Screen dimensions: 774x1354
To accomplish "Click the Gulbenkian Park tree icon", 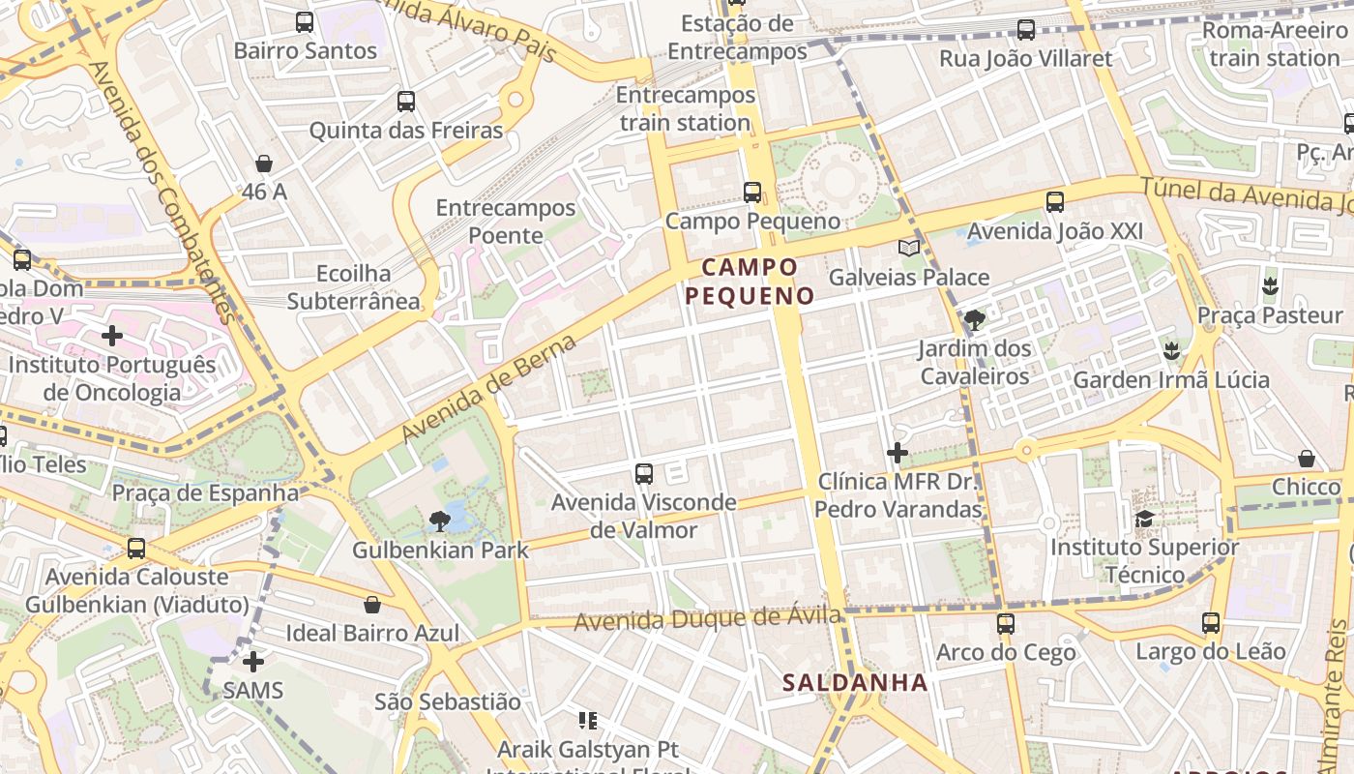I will [x=440, y=521].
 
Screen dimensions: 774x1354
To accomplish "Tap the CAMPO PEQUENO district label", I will [x=751, y=281].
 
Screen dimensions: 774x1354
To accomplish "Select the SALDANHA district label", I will [x=855, y=682].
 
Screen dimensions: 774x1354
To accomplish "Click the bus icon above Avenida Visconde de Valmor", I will [x=644, y=474].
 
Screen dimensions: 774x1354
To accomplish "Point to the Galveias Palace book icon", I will [x=908, y=249].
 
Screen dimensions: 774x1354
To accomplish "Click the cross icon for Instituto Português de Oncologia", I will [x=112, y=336].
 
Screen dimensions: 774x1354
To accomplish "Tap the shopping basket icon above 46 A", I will [x=264, y=164].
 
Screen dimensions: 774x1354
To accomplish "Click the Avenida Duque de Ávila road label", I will [x=707, y=618].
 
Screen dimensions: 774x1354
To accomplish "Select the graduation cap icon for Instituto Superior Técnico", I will [x=1144, y=519].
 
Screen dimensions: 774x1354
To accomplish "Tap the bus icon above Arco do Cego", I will [x=1006, y=623].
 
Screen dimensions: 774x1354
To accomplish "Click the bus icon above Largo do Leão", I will [x=1211, y=623].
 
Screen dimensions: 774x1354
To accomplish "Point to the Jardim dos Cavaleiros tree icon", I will [x=975, y=319].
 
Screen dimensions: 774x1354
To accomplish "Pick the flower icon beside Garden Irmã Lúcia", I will [x=1172, y=350].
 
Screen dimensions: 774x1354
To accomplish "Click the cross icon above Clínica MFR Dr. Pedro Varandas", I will [x=898, y=452].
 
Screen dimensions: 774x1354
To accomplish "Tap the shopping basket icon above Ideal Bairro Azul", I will [x=372, y=605].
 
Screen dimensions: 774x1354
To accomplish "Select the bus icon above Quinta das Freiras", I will [x=406, y=101].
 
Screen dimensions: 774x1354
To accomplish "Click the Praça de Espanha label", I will [x=205, y=492].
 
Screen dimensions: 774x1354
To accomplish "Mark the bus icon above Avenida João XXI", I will [x=1055, y=202].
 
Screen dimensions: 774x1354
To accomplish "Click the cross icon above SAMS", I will [x=253, y=662].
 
